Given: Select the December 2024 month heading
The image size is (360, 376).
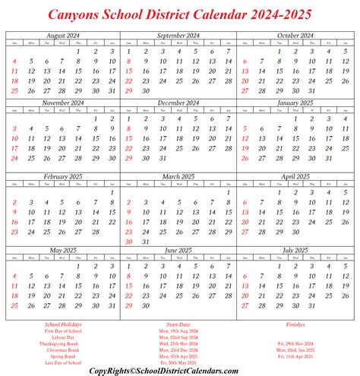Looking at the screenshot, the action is click(x=179, y=103).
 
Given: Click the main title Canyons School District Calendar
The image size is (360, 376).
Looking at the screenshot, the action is click(x=180, y=14).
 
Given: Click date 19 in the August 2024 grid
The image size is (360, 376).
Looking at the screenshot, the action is click(x=31, y=80).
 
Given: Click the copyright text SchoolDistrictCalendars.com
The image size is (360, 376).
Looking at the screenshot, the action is click(x=180, y=369).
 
